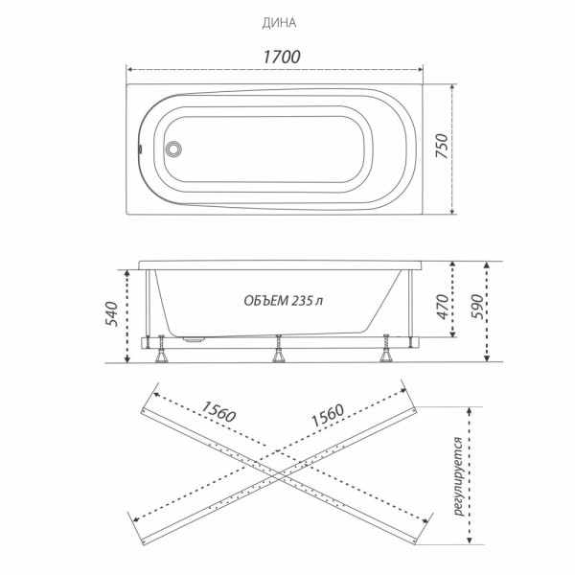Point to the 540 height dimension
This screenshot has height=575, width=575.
[112, 314]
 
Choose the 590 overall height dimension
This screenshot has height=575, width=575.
[501, 306]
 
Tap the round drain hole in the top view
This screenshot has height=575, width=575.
[173, 149]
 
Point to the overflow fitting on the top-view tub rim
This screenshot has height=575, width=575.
[141, 149]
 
